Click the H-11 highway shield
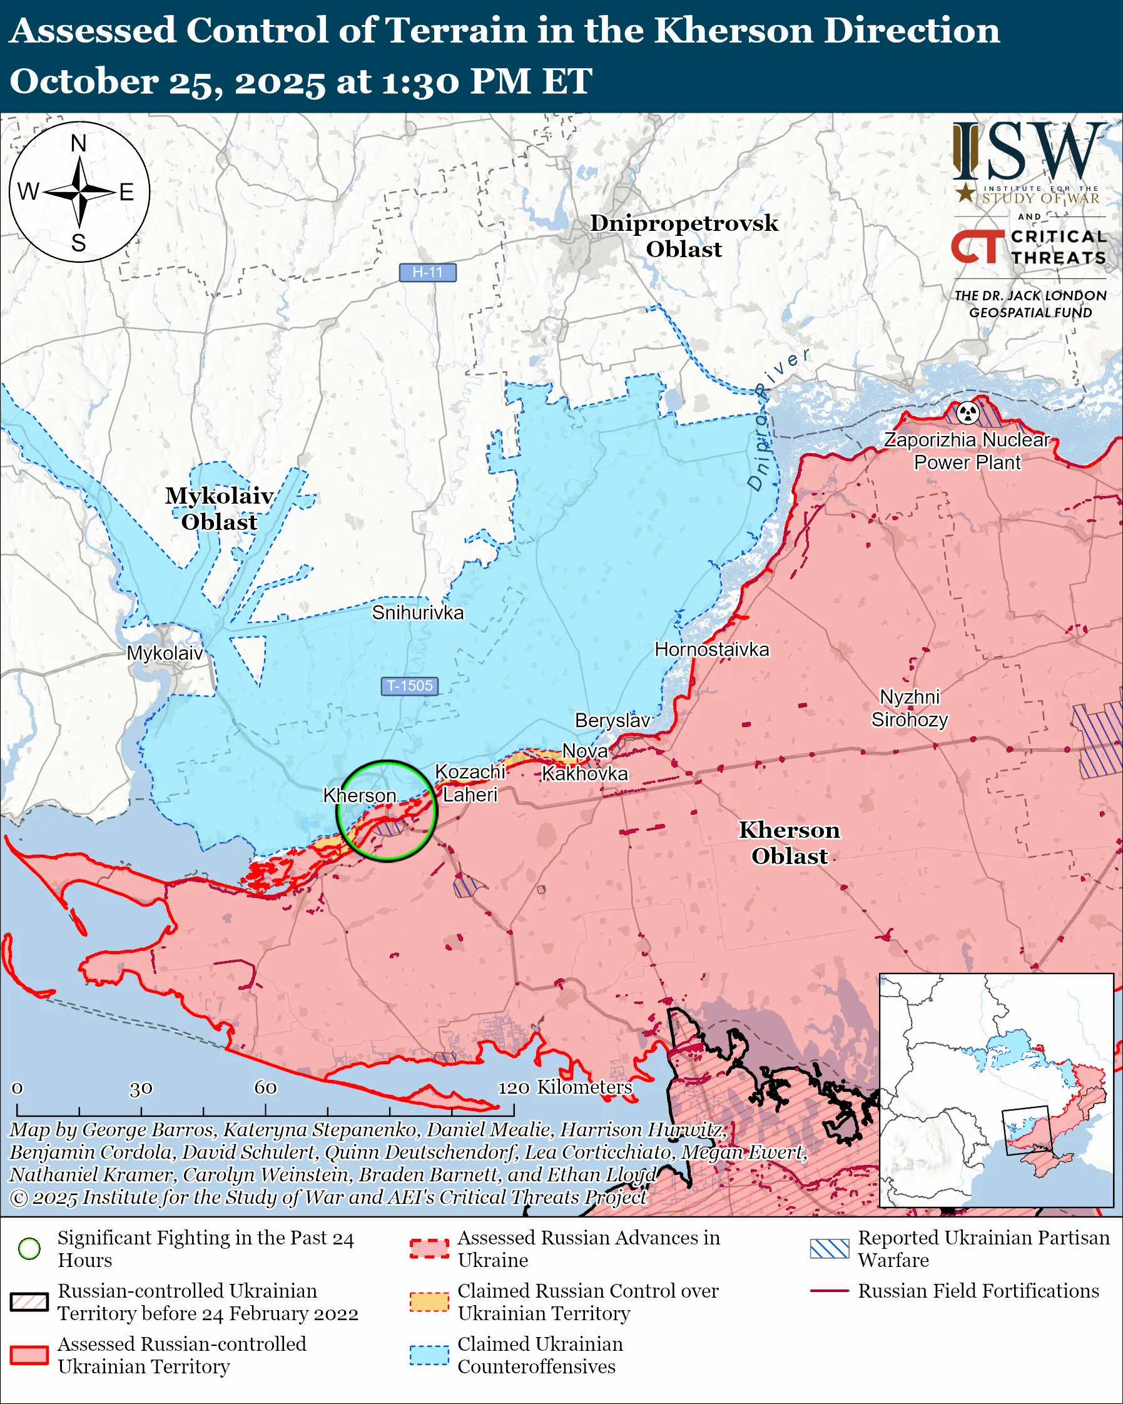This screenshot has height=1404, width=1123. pos(427,272)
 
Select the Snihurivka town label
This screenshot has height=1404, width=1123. pos(417,613)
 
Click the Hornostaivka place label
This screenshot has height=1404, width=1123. pos(711,649)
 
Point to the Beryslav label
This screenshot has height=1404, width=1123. pos(612,720)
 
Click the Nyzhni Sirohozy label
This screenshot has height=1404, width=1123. pos(910,708)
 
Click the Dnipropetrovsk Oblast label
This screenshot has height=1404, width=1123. pos(684,236)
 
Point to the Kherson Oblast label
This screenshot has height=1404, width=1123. pos(789,843)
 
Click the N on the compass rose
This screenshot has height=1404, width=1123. pos(79,143)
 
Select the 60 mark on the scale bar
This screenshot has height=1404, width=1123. pos(265,1087)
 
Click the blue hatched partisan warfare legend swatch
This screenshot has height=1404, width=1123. pos(830,1248)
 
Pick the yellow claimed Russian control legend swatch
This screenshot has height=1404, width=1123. pos(429,1302)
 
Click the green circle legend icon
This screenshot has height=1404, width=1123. pos(29,1248)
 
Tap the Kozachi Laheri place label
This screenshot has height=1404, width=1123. pos(470,783)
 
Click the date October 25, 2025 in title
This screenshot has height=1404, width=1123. pos(166,82)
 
